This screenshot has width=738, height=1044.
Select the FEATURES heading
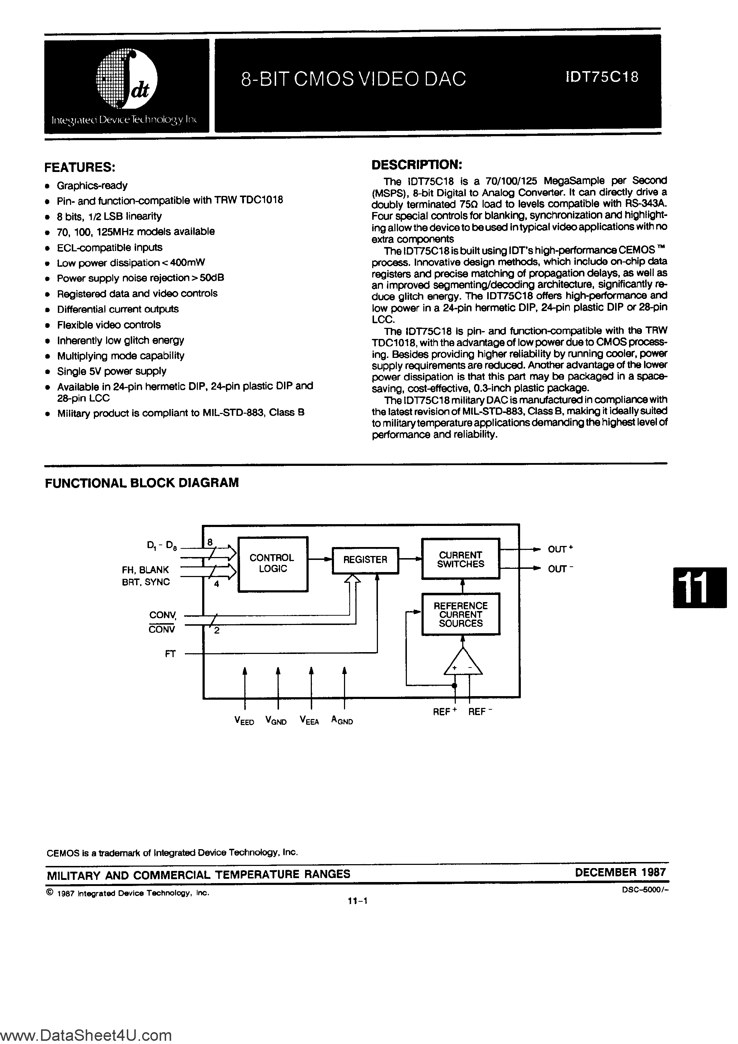pyautogui.click(x=80, y=167)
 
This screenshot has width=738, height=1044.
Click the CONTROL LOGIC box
pyautogui.click(x=273, y=564)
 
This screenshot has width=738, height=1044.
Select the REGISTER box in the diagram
pyautogui.click(x=365, y=560)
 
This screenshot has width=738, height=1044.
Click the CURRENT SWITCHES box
pyautogui.click(x=460, y=559)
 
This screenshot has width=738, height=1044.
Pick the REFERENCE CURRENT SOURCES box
pyautogui.click(x=460, y=614)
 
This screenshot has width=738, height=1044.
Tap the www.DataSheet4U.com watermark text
pyautogui.click(x=86, y=1035)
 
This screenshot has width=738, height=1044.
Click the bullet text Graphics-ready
pyautogui.click(x=92, y=186)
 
